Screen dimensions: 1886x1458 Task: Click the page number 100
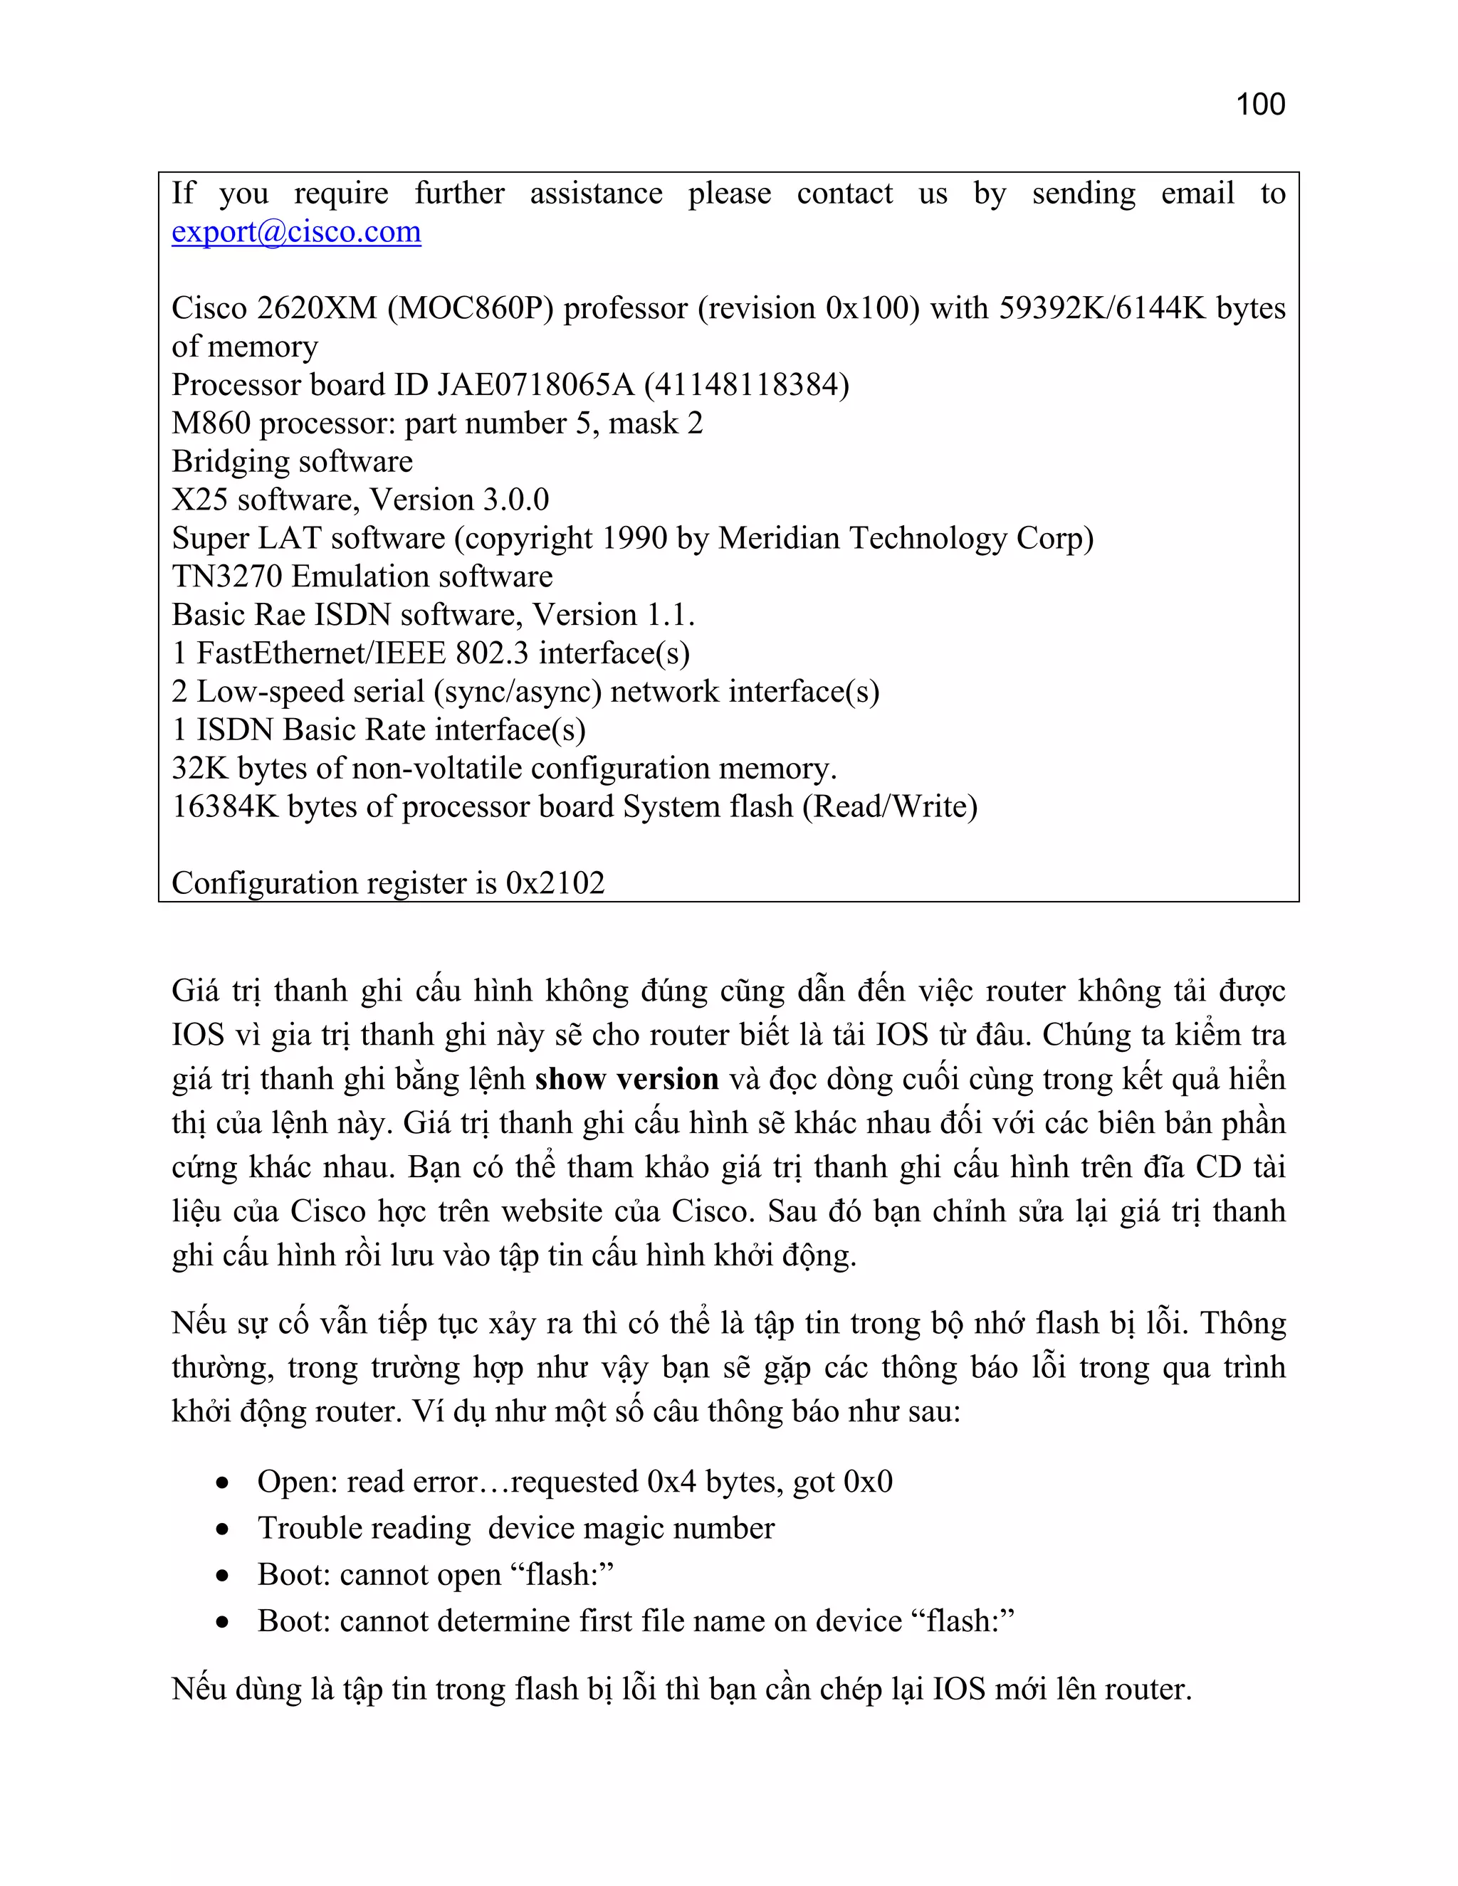click(1260, 105)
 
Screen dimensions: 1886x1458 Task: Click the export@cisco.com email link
click(296, 231)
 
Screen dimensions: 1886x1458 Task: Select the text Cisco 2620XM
click(274, 308)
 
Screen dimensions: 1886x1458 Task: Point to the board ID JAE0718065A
click(535, 385)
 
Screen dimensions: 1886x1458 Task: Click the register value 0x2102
click(555, 883)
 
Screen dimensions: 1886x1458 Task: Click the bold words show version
click(626, 1080)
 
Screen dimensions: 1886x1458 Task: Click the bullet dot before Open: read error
click(223, 1482)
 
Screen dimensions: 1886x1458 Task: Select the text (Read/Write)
click(890, 806)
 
